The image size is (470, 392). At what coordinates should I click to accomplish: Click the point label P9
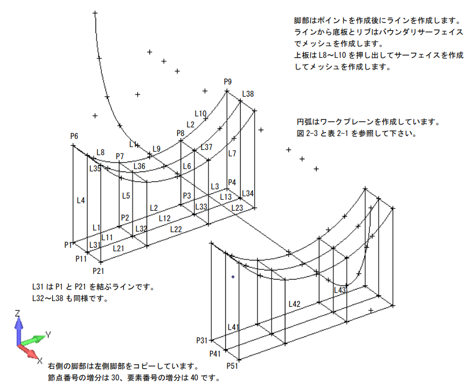click(227, 82)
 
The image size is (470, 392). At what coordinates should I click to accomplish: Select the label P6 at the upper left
click(74, 136)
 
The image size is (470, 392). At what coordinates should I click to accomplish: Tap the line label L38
click(248, 94)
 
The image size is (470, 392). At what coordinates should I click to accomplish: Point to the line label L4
click(82, 200)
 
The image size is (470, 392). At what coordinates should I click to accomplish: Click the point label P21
click(98, 270)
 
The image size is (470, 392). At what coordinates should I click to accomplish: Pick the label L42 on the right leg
click(294, 303)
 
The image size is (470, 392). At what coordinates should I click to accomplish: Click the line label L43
click(340, 290)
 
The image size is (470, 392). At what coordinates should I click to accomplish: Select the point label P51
click(232, 366)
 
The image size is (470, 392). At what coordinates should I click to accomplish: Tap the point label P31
click(202, 340)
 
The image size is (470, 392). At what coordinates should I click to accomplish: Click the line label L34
click(248, 193)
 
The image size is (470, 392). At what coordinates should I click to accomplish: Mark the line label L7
click(232, 153)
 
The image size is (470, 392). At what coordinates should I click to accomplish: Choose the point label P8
click(181, 133)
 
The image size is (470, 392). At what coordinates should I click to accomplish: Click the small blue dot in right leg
click(233, 277)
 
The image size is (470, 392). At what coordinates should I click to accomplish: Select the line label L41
click(233, 327)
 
